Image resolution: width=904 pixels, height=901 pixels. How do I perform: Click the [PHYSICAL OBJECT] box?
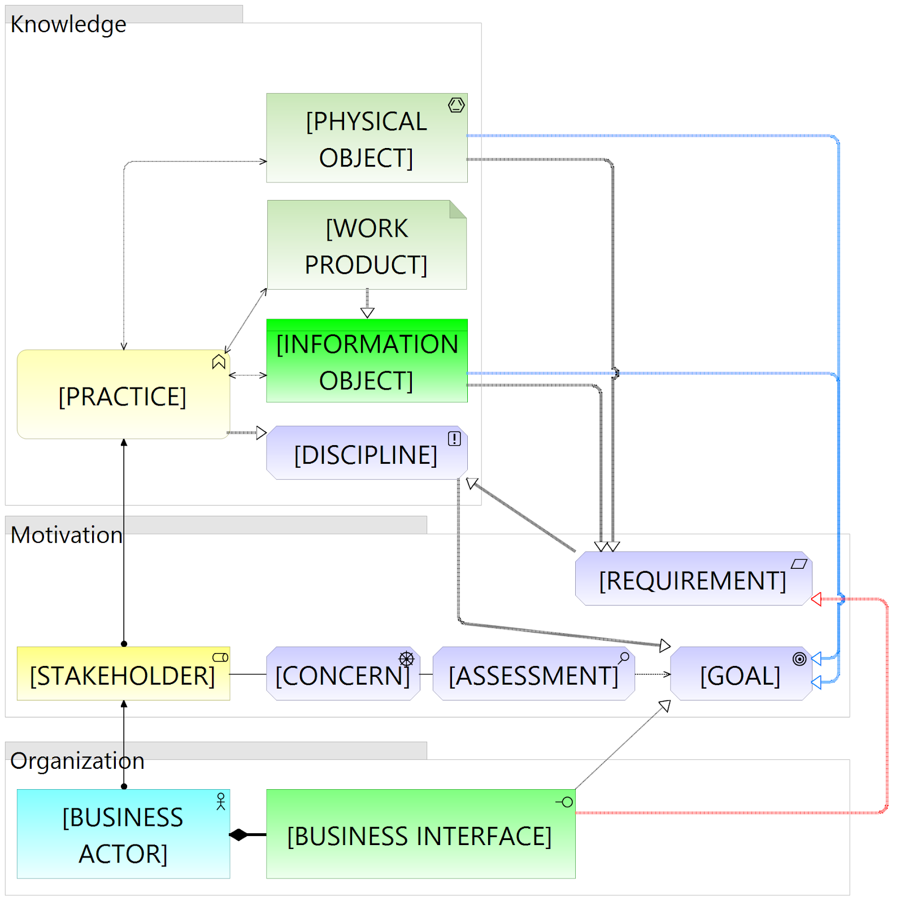pyautogui.click(x=366, y=138)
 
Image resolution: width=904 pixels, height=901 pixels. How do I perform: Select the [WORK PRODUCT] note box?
pyautogui.click(x=366, y=245)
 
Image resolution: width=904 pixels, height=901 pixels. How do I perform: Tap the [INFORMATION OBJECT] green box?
pyautogui.click(x=366, y=361)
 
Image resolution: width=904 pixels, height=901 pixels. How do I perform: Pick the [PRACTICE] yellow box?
pyautogui.click(x=123, y=395)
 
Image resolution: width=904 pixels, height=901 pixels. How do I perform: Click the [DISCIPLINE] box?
pyautogui.click(x=366, y=454)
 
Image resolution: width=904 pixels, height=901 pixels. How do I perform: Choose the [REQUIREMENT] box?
pyautogui.click(x=693, y=579)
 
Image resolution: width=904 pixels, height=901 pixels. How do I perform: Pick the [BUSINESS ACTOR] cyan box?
pyautogui.click(x=123, y=834)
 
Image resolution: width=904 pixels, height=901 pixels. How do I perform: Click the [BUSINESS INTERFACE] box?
pyautogui.click(x=420, y=834)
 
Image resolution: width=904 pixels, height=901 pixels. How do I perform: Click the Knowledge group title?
pyautogui.click(x=68, y=24)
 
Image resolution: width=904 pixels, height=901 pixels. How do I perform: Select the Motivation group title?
pyautogui.click(x=67, y=535)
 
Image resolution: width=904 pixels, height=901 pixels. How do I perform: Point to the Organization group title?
pyautogui.click(x=77, y=761)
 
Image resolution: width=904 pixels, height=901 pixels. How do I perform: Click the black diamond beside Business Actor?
pyautogui.click(x=239, y=835)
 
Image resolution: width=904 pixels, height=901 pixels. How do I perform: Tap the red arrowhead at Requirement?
pyautogui.click(x=816, y=599)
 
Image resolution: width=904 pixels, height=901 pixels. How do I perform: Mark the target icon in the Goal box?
pyautogui.click(x=799, y=659)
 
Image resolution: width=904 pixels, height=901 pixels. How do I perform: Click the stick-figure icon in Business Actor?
pyautogui.click(x=221, y=801)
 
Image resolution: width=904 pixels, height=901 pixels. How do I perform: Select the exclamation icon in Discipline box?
pyautogui.click(x=454, y=439)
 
